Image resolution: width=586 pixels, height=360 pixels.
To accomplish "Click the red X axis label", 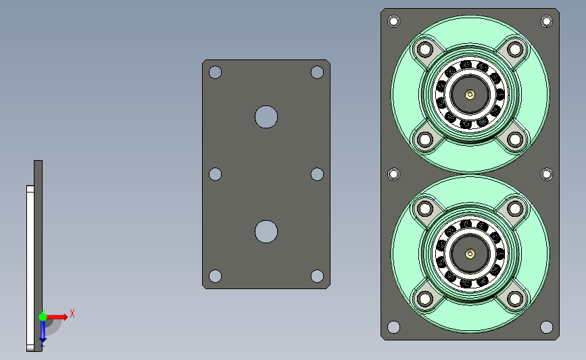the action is [x=72, y=313].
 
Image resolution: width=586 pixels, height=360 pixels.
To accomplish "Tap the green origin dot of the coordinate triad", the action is [x=43, y=317].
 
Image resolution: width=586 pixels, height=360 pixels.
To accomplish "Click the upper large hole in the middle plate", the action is [x=266, y=117].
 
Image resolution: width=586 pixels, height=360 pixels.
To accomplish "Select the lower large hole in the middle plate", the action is [x=266, y=232].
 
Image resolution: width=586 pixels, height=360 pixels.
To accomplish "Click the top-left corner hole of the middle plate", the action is [x=215, y=72].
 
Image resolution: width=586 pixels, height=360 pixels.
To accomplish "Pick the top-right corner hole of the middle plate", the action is [x=317, y=72].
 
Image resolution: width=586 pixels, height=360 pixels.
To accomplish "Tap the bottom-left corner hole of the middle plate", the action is [x=215, y=276].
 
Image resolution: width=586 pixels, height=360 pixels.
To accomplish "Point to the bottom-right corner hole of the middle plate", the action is [x=317, y=276].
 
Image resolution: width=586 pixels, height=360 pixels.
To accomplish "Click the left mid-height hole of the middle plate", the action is [x=215, y=174].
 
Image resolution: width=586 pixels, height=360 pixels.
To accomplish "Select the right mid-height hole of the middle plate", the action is [x=317, y=174].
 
